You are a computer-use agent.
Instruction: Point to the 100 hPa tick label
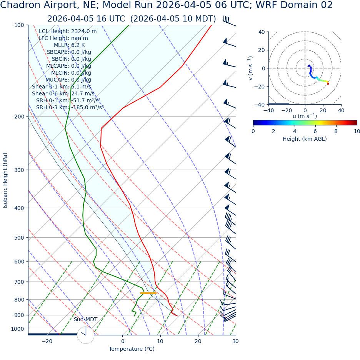(19, 25)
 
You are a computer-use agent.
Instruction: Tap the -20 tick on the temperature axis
(47, 341)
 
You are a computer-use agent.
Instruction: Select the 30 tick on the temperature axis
(235, 341)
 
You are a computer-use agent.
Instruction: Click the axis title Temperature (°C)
(132, 349)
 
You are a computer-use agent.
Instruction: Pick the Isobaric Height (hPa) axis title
(5, 180)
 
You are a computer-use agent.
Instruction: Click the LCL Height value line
(68, 32)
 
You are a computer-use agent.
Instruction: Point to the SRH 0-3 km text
(70, 108)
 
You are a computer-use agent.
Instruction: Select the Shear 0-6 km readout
(63, 94)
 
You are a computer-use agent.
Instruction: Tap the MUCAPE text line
(68, 80)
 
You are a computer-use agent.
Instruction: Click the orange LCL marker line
(148, 293)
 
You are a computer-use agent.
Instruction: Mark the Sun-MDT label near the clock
(85, 320)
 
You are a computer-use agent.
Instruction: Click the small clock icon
(85, 335)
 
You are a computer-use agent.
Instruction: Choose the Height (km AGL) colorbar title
(305, 139)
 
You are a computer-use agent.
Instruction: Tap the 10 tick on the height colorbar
(357, 132)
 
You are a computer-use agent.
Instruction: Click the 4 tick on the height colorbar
(295, 132)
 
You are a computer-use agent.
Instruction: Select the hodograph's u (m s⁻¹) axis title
(305, 116)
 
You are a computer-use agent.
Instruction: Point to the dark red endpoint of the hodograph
(328, 83)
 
